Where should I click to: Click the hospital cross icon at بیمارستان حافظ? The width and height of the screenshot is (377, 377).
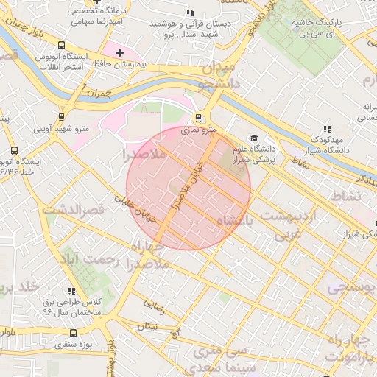119,52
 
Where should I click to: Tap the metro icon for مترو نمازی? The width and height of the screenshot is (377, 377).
197,117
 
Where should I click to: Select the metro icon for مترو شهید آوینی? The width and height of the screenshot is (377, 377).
60,116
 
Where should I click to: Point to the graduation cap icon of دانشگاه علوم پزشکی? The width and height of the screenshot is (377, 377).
254,138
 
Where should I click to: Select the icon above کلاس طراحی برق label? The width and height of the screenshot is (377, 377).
71,291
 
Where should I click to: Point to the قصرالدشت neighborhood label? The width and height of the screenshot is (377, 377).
74,210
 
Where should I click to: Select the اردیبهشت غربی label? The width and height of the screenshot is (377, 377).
297,225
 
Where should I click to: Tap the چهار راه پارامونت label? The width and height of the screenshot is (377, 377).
354,348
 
